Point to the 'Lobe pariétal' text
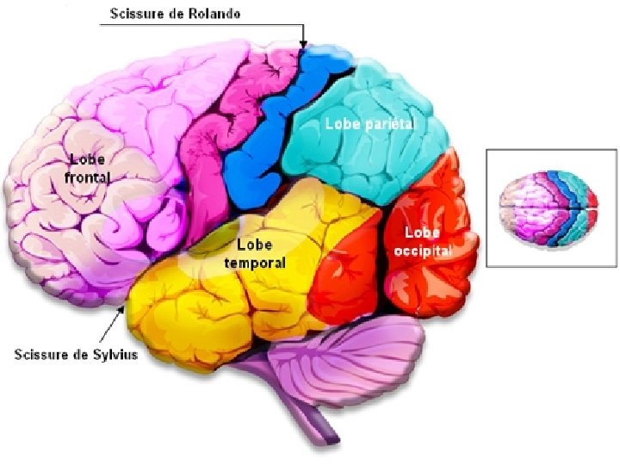[369, 124]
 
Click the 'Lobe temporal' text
[255, 253]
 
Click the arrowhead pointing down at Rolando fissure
[303, 43]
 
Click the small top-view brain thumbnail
[549, 207]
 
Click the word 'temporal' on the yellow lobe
[255, 261]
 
